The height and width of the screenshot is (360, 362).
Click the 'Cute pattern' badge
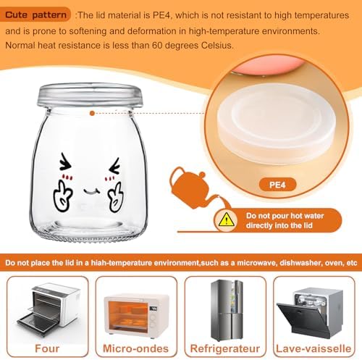[x=35, y=14]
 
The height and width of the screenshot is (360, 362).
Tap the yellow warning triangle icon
[x=226, y=219]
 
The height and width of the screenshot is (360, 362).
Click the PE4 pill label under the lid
[x=277, y=185]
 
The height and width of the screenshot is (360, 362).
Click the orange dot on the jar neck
[x=92, y=113]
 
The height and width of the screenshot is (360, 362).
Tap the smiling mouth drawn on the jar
[x=92, y=191]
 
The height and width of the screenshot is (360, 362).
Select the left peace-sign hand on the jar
[x=62, y=196]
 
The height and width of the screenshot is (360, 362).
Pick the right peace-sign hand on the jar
[x=115, y=198]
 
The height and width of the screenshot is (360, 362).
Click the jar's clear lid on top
[x=90, y=95]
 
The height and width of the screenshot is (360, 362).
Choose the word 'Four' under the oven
[x=47, y=348]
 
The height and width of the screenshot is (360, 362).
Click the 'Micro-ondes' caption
[x=135, y=348]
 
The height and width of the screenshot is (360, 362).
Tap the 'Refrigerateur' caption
[x=225, y=348]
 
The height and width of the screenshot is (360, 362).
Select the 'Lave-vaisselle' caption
[x=313, y=348]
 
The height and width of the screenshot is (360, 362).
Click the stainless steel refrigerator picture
[x=227, y=311]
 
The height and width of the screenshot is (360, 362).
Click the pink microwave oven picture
[x=137, y=314]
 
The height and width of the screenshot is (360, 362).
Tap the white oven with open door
[x=49, y=309]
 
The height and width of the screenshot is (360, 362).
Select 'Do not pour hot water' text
[x=285, y=216]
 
